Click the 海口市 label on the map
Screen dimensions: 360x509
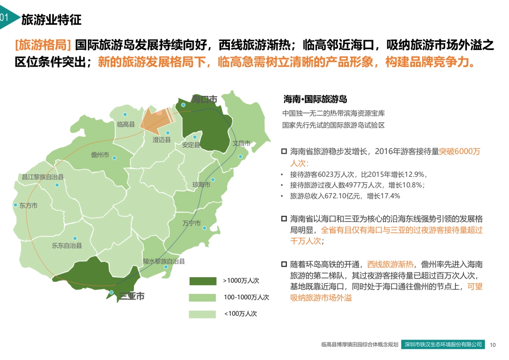pyautogui.click(x=204, y=99)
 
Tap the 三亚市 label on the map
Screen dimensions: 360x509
pyautogui.click(x=131, y=296)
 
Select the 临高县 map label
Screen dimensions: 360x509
pyautogui.click(x=126, y=124)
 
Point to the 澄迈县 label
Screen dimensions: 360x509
pyautogui.click(x=162, y=140)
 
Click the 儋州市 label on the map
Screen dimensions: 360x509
pyautogui.click(x=100, y=155)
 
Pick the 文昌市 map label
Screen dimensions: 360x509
pyautogui.click(x=241, y=143)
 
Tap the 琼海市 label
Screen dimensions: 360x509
pyautogui.click(x=201, y=185)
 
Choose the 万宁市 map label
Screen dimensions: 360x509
pyautogui.click(x=191, y=223)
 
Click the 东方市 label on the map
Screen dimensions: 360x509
pyautogui.click(x=28, y=205)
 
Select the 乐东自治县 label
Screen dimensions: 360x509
pyautogui.click(x=67, y=245)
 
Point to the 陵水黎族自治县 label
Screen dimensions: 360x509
pyautogui.click(x=164, y=262)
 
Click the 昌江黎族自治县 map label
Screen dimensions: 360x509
pyautogui.click(x=43, y=177)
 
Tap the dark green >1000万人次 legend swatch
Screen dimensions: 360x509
pyautogui.click(x=203, y=281)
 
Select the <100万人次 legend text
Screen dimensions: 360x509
pyautogui.click(x=241, y=314)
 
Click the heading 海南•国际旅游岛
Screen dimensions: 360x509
pyautogui.click(x=315, y=99)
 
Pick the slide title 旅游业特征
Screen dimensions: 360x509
pyautogui.click(x=51, y=20)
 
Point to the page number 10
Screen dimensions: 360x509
pyautogui.click(x=492, y=345)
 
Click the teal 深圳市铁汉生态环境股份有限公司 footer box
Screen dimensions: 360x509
pyautogui.click(x=443, y=344)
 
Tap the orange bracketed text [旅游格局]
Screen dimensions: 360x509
pyautogui.click(x=42, y=45)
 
